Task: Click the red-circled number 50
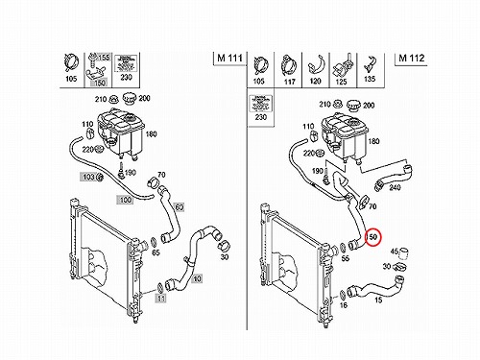(373, 237)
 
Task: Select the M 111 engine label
(229, 58)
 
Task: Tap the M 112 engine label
(412, 58)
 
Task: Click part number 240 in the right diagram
(395, 187)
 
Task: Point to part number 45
(394, 252)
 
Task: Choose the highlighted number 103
(88, 177)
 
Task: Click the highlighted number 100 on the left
(126, 200)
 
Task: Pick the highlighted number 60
(180, 207)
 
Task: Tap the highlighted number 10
(197, 278)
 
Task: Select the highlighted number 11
(161, 299)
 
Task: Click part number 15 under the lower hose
(378, 300)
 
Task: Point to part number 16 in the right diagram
(344, 305)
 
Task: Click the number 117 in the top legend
(289, 82)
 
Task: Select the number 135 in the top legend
(370, 79)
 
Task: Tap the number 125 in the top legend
(341, 82)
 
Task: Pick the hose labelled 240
(394, 177)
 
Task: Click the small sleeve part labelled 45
(404, 252)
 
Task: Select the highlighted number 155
(104, 58)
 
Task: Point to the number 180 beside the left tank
(151, 133)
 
